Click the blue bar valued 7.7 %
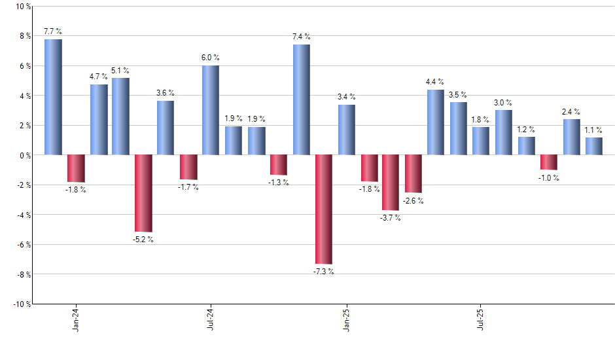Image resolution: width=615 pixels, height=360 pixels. [x=53, y=97]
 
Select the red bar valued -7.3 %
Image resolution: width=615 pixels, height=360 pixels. [x=324, y=209]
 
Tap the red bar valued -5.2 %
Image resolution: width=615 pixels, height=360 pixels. [x=143, y=193]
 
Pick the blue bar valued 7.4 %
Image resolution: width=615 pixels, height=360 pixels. [x=301, y=99]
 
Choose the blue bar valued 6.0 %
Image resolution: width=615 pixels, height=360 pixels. [x=211, y=110]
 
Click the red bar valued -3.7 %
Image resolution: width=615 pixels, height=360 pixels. [x=391, y=182]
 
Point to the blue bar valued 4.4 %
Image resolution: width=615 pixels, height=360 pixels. [x=436, y=122]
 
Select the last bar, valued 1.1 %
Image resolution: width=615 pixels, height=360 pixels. [x=594, y=146]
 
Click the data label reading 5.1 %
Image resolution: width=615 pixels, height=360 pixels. [x=120, y=71]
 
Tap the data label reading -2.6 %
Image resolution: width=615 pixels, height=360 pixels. [x=413, y=201]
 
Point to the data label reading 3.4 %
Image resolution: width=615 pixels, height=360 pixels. [x=346, y=98]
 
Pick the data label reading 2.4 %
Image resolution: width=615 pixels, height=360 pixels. [x=571, y=112]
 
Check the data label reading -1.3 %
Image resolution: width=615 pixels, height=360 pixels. [x=278, y=183]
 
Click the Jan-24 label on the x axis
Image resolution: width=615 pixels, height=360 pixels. [x=76, y=319]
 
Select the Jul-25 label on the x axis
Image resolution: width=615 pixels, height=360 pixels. [x=481, y=319]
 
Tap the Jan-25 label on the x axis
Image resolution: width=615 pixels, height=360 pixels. [x=346, y=319]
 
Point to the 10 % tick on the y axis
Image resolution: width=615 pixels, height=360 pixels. [x=22, y=7]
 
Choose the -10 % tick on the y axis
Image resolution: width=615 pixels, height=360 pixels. [x=20, y=304]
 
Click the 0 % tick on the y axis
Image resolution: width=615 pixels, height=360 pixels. [x=24, y=155]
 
